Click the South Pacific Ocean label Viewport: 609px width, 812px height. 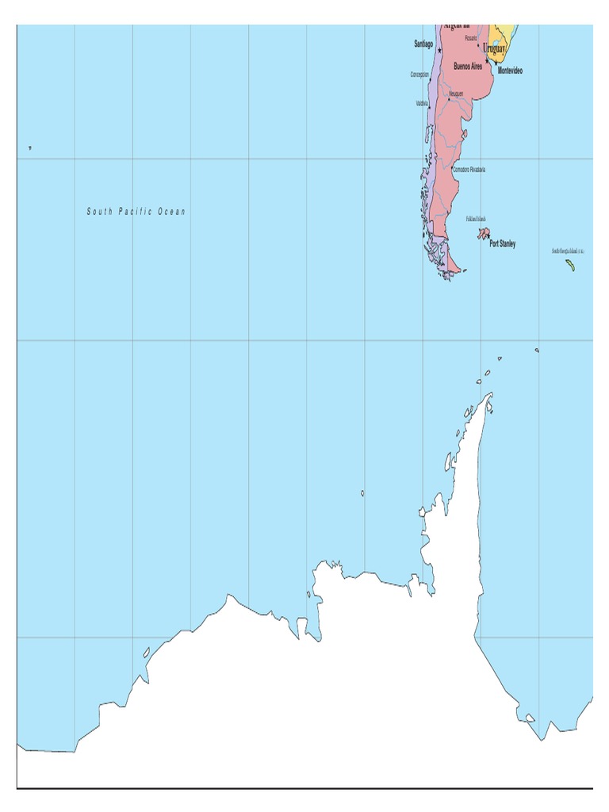pyautogui.click(x=136, y=212)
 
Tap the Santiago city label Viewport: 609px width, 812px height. pyautogui.click(x=423, y=44)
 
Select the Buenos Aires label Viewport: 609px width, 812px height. pyautogui.click(x=467, y=67)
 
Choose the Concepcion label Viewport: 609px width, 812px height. pyautogui.click(x=419, y=75)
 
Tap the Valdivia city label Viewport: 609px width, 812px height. pyautogui.click(x=421, y=103)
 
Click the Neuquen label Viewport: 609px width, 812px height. pyautogui.click(x=456, y=94)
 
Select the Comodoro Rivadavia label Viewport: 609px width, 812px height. pyautogui.click(x=469, y=170)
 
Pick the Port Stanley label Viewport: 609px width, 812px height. pyautogui.click(x=502, y=243)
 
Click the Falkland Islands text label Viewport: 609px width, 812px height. pyautogui.click(x=477, y=219)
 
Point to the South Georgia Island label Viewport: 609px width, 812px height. pyautogui.click(x=568, y=251)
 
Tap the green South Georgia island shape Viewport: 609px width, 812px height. pyautogui.click(x=570, y=265)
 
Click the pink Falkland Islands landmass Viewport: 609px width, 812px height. pyautogui.click(x=482, y=233)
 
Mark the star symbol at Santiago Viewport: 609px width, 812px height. pyautogui.click(x=439, y=51)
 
